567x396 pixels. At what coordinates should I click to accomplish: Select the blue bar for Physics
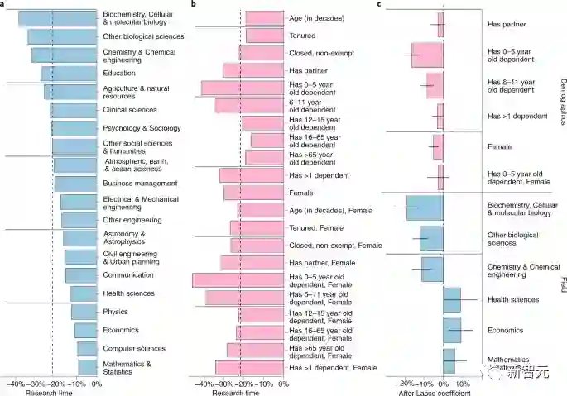point(84,312)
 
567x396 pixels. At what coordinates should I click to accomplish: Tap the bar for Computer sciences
point(86,348)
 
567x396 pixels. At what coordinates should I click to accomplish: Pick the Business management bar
point(76,183)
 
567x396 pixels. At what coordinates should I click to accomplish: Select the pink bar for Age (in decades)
point(264,17)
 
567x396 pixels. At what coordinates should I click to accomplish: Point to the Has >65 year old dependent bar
point(264,157)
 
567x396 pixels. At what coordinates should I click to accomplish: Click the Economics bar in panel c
point(452,330)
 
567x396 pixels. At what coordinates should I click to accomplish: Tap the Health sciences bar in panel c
point(452,299)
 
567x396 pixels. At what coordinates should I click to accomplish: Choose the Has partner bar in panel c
point(440,25)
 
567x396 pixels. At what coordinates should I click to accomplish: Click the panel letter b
point(193,4)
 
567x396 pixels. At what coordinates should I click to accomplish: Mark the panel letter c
point(379,4)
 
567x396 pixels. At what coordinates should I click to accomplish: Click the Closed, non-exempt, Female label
point(334,245)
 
